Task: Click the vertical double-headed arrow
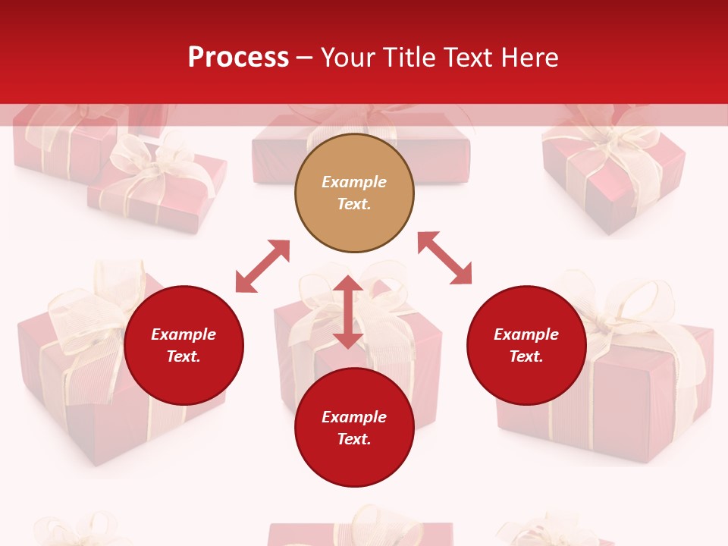coord(348,312)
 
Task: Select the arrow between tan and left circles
coord(262,266)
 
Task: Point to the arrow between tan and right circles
coord(445,258)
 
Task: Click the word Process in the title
coord(238,58)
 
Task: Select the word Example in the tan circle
coord(354,182)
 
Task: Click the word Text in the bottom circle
coord(353,439)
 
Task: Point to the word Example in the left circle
coord(184,334)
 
